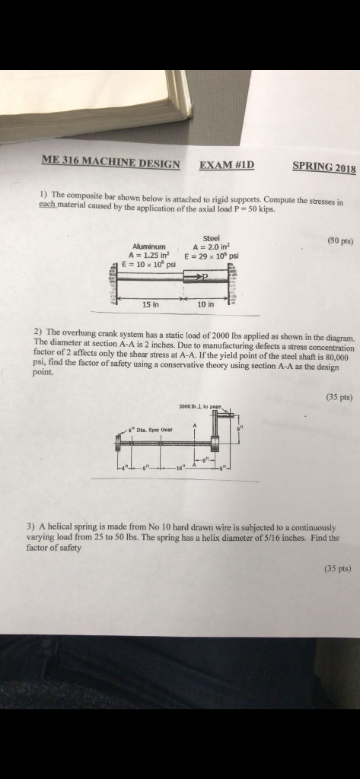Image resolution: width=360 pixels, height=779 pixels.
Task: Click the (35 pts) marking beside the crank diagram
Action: pos(336,396)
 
